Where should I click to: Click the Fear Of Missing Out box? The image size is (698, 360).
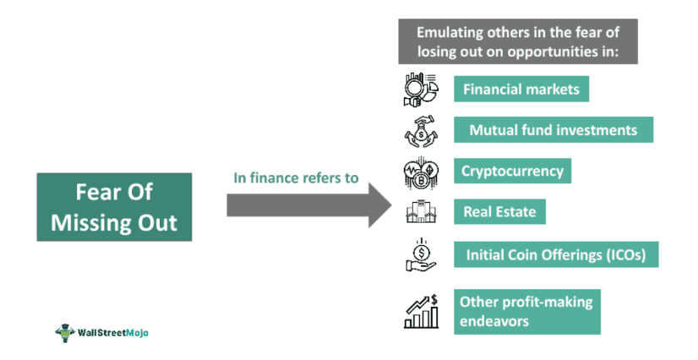point(114,207)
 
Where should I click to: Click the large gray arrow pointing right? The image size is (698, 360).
point(308,205)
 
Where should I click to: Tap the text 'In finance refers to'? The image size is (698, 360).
point(296,178)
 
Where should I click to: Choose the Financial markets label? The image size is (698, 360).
point(521,89)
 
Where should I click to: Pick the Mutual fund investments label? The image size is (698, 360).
point(553,130)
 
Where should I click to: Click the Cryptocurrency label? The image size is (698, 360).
point(512,171)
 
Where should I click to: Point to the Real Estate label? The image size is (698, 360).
point(499,212)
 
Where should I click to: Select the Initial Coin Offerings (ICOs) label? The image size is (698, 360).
point(555,254)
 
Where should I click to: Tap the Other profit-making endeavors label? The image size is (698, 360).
point(527,312)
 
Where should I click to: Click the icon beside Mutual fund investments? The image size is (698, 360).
point(420,131)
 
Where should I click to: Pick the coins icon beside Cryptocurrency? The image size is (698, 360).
point(420,172)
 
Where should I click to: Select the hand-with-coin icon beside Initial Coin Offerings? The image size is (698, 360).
point(420,254)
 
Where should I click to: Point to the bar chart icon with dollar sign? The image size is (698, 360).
point(420,311)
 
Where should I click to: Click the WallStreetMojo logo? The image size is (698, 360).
point(101,332)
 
